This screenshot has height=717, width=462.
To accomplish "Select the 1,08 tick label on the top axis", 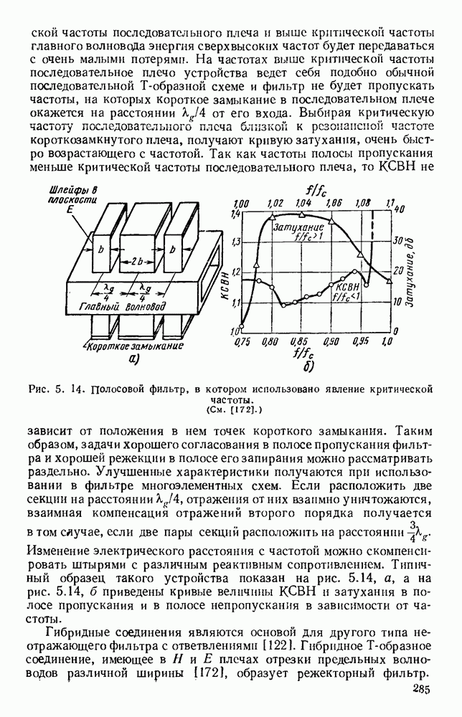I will coord(362,204).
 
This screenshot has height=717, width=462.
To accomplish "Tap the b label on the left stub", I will coord(101,251).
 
